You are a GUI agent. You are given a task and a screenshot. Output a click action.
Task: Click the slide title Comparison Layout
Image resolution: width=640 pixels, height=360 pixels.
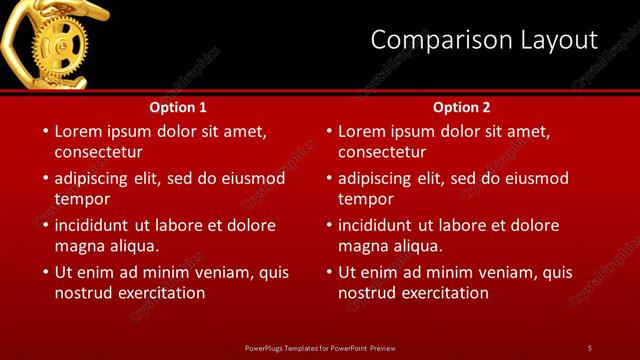click(x=483, y=40)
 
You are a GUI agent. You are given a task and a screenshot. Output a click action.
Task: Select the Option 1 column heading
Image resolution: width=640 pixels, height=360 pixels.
click(x=178, y=107)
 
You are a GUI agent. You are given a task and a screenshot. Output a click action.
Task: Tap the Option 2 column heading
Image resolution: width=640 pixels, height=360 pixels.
click(x=462, y=107)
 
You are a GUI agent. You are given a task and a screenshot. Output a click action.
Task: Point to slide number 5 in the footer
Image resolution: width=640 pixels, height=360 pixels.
click(x=590, y=347)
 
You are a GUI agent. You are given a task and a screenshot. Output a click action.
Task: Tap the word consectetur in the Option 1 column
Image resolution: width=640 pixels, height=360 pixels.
click(x=99, y=153)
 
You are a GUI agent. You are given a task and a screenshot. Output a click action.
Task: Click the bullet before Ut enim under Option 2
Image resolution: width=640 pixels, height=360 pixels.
click(x=328, y=272)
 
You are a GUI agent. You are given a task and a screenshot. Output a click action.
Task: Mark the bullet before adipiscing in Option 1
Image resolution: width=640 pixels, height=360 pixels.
click(x=44, y=178)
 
